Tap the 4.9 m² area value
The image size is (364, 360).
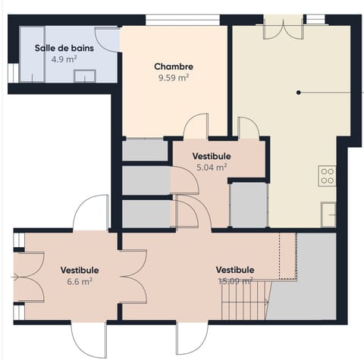click(63, 59)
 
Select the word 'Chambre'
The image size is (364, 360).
click(173, 66)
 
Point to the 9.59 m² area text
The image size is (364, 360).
click(173, 77)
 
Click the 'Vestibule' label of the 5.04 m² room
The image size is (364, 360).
click(212, 157)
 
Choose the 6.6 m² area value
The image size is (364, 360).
click(80, 281)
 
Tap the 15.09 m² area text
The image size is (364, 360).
click(234, 281)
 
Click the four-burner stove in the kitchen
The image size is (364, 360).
click(328, 176)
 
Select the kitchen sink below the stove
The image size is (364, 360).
click(328, 214)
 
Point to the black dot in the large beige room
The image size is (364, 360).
click(299, 92)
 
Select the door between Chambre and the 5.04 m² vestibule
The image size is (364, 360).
click(196, 127)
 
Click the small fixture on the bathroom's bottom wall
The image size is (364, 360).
click(84, 75)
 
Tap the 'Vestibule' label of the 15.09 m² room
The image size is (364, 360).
click(234, 270)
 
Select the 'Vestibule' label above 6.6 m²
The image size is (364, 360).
click(80, 270)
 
